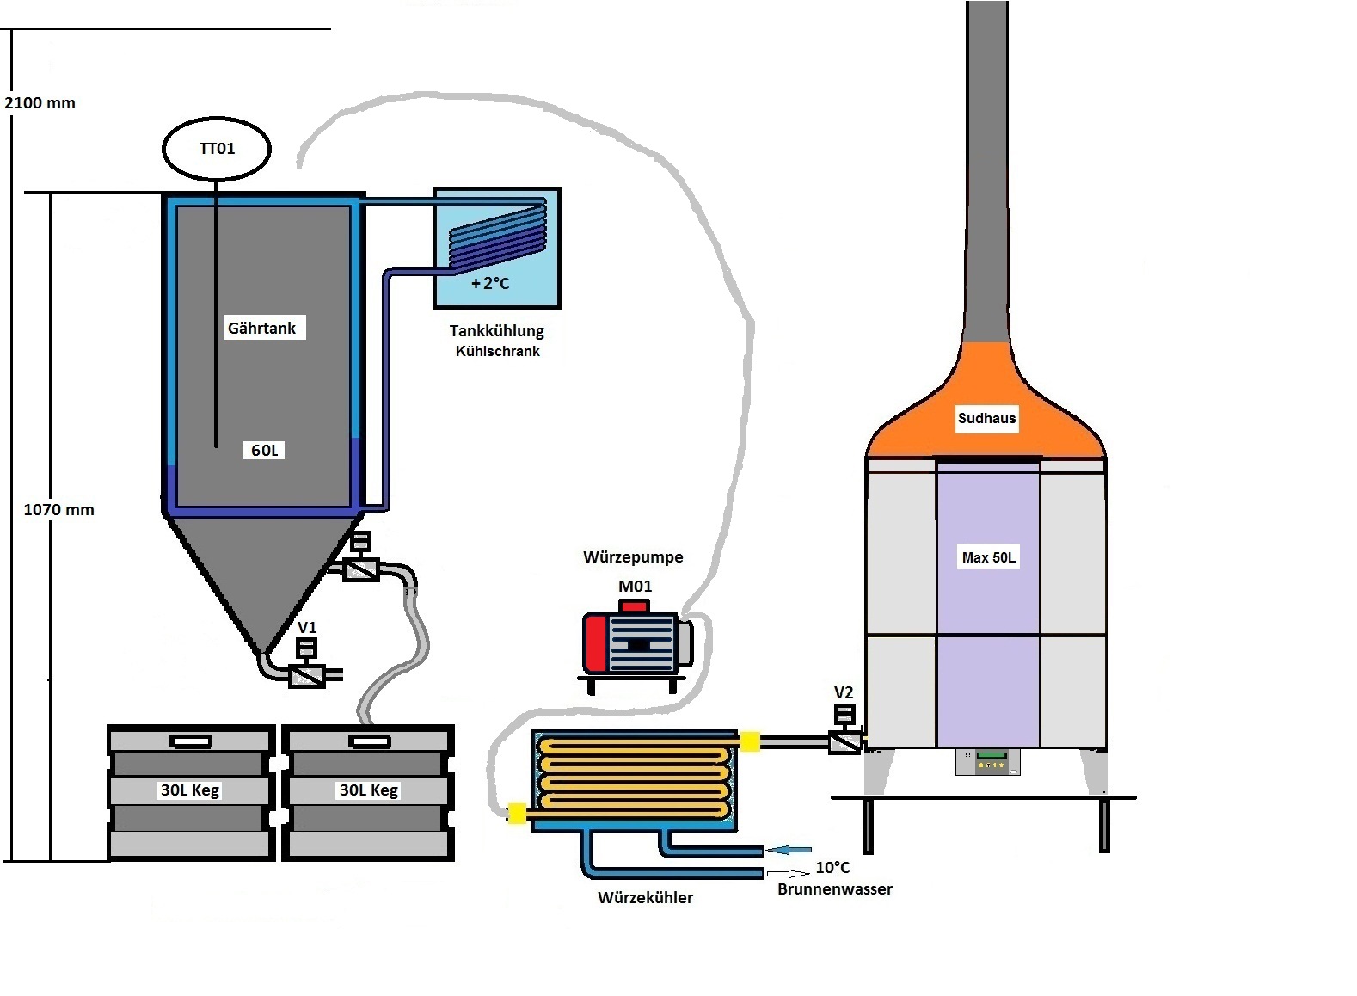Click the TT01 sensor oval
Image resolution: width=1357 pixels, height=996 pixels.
(x=217, y=149)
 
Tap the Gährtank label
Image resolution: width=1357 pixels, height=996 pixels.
(x=261, y=328)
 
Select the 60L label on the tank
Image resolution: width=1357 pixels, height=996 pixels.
(x=264, y=451)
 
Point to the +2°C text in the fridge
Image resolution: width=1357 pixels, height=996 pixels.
(x=490, y=283)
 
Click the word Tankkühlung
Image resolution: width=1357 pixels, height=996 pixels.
(x=496, y=330)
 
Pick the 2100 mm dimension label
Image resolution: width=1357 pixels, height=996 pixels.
(x=40, y=103)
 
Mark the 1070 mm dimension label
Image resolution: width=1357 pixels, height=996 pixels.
(x=58, y=510)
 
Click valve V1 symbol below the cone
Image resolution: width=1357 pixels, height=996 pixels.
(x=307, y=674)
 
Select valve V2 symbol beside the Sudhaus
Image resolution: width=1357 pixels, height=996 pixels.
(x=844, y=741)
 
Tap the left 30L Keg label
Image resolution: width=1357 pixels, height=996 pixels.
(x=190, y=790)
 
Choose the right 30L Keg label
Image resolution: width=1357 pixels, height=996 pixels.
(x=369, y=790)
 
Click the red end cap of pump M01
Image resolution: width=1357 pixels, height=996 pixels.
(x=595, y=643)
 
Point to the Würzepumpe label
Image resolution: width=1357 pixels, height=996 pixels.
(x=633, y=557)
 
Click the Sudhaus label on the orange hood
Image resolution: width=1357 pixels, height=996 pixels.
(x=986, y=419)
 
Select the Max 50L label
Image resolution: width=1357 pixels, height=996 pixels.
(x=988, y=557)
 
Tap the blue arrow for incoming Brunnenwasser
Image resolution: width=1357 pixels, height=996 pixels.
(x=789, y=850)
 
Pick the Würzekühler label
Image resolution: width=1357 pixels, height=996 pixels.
(x=645, y=898)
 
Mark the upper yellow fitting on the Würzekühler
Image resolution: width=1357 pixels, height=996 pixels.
(x=750, y=741)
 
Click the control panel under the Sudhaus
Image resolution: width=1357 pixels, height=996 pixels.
(x=987, y=761)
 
